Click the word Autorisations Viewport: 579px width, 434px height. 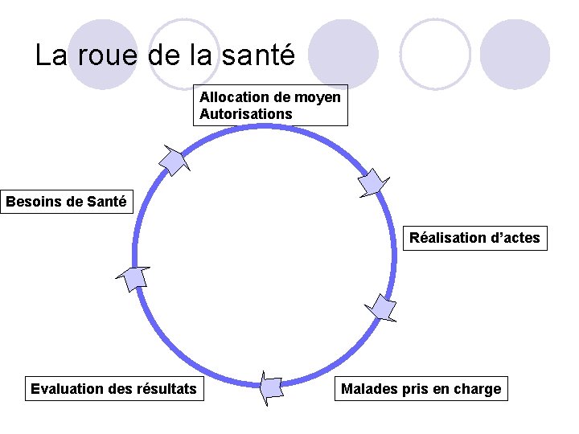[246, 114]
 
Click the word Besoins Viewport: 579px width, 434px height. [33, 201]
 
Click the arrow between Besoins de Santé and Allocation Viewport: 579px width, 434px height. [175, 160]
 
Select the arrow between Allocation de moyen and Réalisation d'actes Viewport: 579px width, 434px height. [373, 182]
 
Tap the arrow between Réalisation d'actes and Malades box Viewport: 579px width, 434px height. [380, 308]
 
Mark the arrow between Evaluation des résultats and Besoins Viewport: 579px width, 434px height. [133, 278]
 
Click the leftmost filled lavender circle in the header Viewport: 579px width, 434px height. [103, 53]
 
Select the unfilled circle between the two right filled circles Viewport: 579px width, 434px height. [435, 54]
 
